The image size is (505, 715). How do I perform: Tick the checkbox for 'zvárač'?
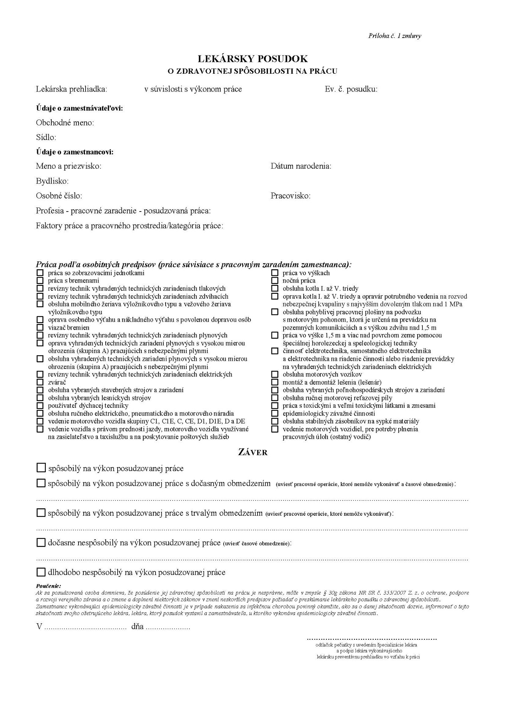[x=40, y=382]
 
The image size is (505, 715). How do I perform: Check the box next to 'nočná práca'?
[x=275, y=280]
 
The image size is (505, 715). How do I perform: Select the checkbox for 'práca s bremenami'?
[x=40, y=280]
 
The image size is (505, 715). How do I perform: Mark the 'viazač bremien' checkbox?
[x=40, y=327]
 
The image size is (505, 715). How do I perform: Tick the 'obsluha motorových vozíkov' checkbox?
[x=275, y=374]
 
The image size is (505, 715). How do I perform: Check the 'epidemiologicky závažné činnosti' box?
[x=275, y=413]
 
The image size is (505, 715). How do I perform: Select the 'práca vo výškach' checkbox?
[x=275, y=273]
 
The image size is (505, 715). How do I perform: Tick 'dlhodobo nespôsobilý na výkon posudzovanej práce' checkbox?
[x=41, y=572]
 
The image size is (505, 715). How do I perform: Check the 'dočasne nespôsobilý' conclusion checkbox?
[x=41, y=543]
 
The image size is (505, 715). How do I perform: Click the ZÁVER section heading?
[x=252, y=452]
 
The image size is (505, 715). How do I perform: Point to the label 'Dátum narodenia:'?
[x=301, y=166]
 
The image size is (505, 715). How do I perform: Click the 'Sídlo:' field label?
[x=46, y=137]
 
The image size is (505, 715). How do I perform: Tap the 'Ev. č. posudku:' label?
[x=351, y=89]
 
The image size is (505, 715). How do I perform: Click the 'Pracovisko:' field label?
[x=290, y=196]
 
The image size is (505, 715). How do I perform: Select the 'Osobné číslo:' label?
[x=59, y=196]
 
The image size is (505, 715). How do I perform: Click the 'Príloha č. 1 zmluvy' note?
[x=394, y=36]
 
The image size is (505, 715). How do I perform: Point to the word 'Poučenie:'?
[x=48, y=586]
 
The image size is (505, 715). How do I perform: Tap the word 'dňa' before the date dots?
[x=137, y=626]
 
